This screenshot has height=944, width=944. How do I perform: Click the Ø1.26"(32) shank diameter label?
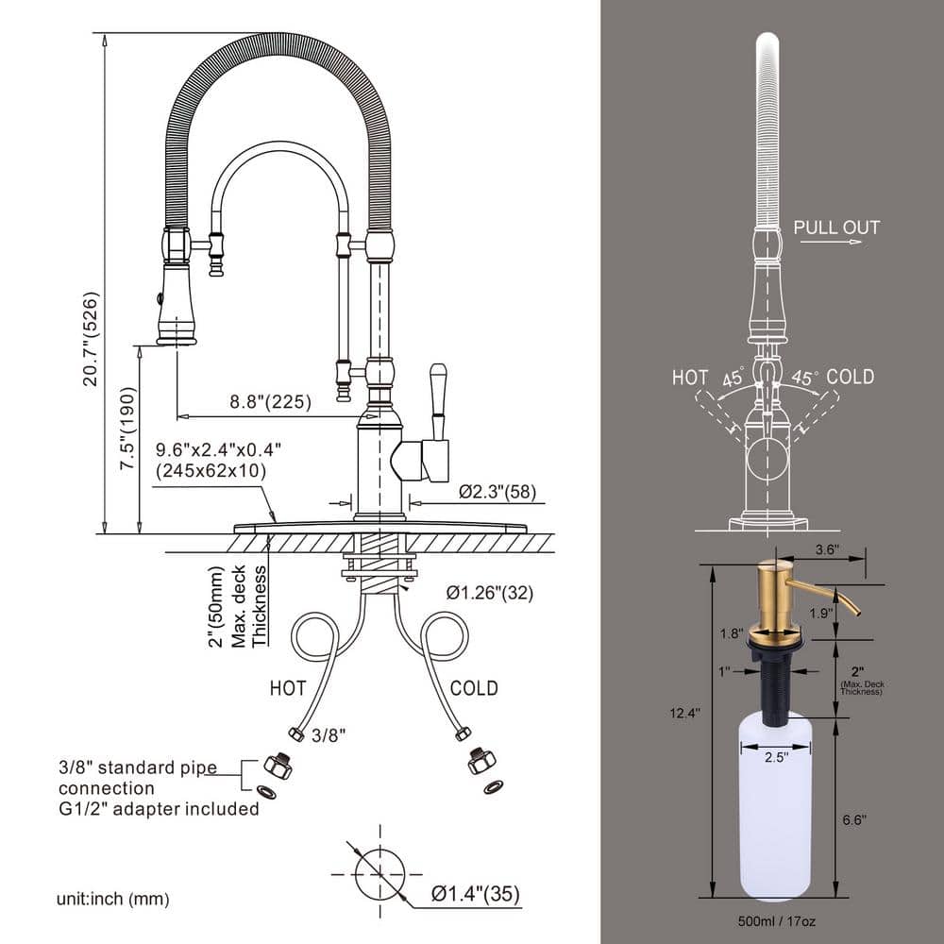[x=490, y=594]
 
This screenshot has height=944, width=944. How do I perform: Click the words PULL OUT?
[x=835, y=228]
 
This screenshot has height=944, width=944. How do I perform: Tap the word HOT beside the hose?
[x=288, y=688]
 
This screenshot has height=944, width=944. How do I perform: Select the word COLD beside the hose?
[x=474, y=688]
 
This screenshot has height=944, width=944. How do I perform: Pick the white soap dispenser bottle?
[x=775, y=812]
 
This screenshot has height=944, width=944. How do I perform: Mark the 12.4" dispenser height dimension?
[x=686, y=714]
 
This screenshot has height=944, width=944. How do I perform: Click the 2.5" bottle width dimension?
[x=775, y=756]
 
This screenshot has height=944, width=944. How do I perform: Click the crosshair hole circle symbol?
[x=380, y=874]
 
